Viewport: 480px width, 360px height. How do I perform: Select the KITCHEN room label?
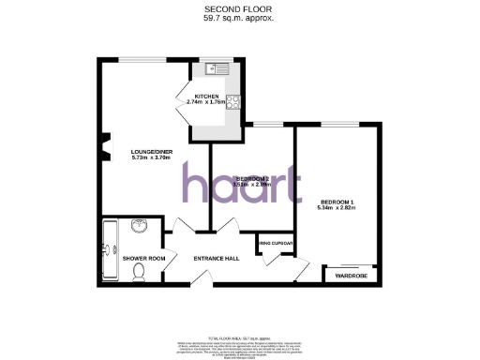[206, 97]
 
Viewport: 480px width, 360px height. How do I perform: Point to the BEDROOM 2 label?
[252, 178]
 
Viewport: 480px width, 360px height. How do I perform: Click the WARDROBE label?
[348, 275]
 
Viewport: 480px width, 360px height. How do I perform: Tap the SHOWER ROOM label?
[144, 259]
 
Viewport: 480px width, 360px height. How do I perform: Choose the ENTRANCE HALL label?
[217, 259]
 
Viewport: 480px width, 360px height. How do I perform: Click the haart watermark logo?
[241, 184]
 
